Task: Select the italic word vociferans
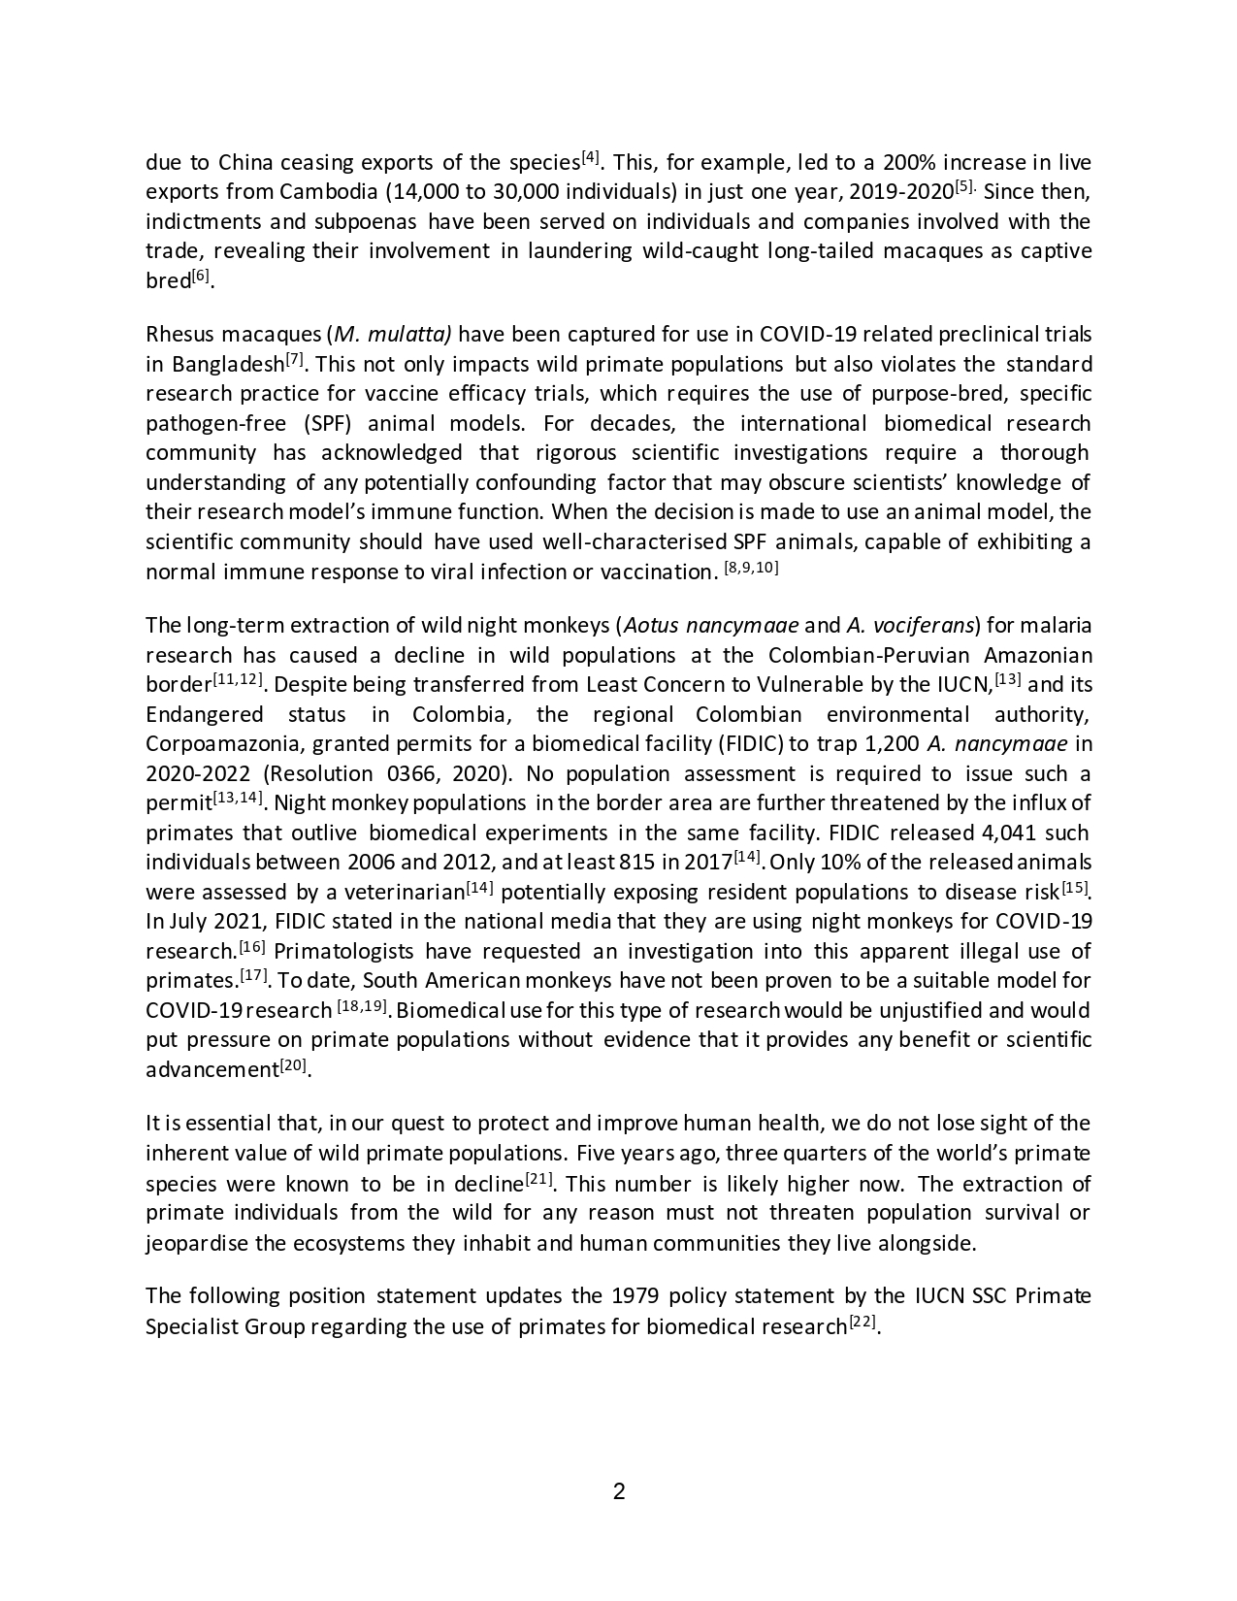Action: click(923, 625)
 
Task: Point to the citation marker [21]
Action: click(539, 1180)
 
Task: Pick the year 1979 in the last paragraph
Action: click(636, 1296)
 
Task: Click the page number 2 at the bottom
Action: click(619, 1491)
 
